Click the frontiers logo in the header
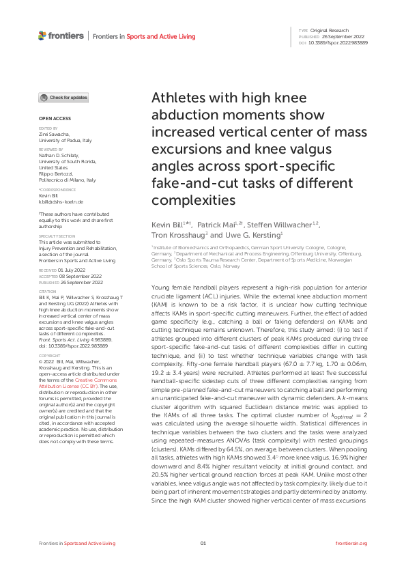coord(61,36)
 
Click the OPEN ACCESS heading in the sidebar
coord(55,118)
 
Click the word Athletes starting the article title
coord(179,97)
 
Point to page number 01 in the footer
coord(203,543)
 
